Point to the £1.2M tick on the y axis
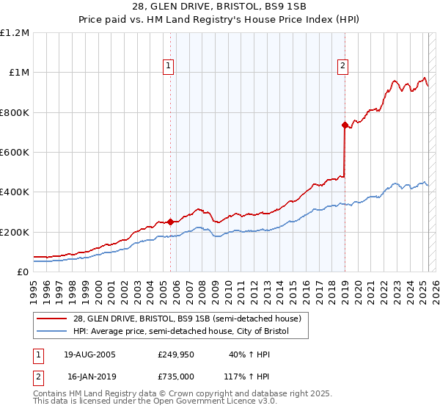(x=15, y=33)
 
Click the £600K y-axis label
(x=15, y=153)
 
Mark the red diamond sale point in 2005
(x=170, y=222)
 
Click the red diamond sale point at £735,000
(x=344, y=126)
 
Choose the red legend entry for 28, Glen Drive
(x=187, y=319)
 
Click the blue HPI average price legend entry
(x=181, y=332)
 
